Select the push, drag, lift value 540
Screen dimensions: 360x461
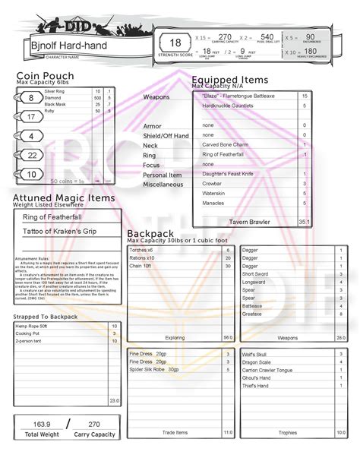[x=267, y=36]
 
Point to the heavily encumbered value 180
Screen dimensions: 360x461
[x=311, y=52]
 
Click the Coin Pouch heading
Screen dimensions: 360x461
[x=46, y=76]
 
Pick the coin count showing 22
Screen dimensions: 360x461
[x=31, y=155]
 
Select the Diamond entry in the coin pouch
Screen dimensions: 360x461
[x=54, y=98]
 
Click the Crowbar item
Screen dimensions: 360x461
[x=213, y=184]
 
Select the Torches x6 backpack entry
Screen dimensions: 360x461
[x=141, y=250]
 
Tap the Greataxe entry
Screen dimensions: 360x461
[x=251, y=313]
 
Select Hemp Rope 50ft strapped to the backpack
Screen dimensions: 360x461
[x=31, y=326]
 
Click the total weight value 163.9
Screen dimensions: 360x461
[x=43, y=423]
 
